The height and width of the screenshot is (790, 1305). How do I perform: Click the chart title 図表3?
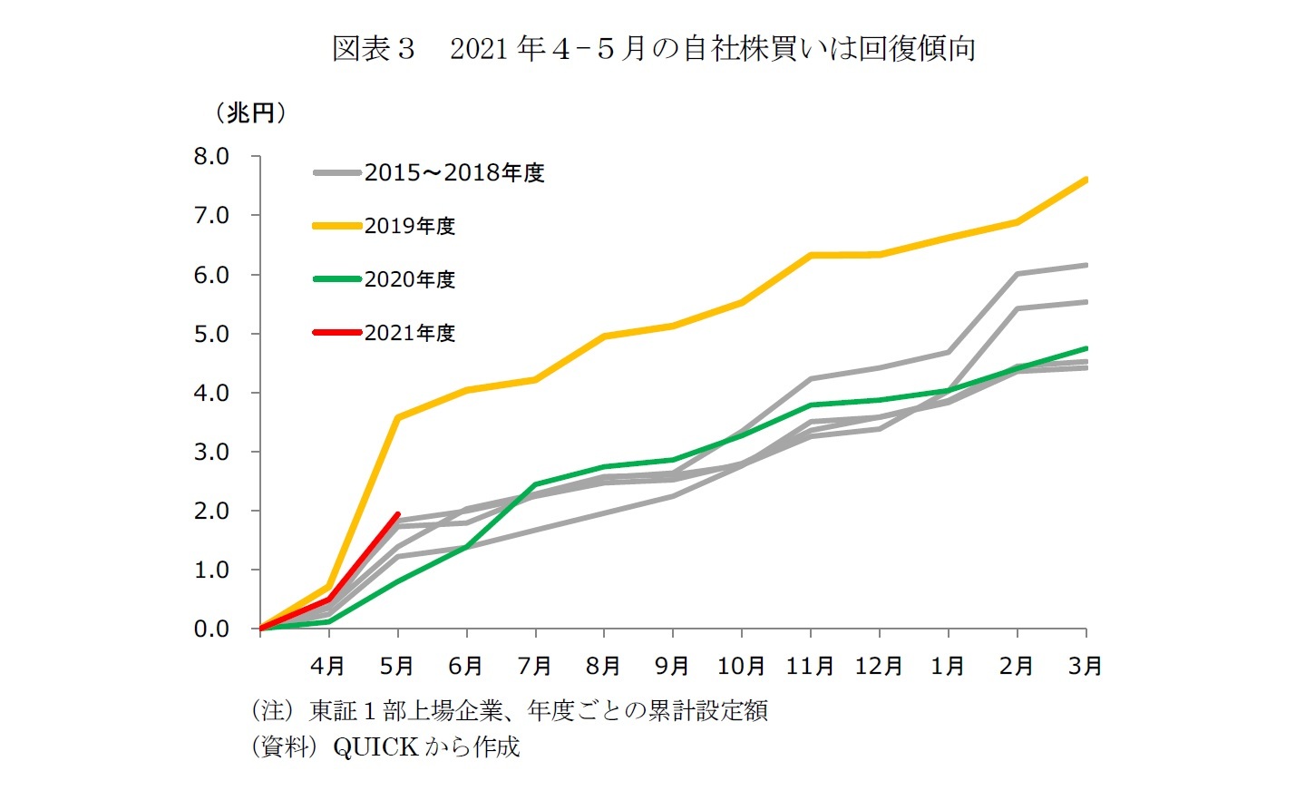click(374, 48)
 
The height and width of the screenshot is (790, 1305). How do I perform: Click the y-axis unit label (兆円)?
click(250, 112)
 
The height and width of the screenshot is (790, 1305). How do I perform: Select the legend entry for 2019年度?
click(409, 226)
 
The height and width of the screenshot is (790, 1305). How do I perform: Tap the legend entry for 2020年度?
click(409, 279)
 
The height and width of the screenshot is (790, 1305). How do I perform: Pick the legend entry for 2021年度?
click(409, 333)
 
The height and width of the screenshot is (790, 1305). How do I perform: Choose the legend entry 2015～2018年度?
click(453, 172)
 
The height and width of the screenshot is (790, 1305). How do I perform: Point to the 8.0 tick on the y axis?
click(211, 157)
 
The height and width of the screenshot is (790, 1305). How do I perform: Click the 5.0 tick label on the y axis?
click(211, 334)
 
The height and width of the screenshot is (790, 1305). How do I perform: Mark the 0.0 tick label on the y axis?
click(211, 629)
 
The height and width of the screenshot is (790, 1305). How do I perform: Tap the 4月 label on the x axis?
click(328, 667)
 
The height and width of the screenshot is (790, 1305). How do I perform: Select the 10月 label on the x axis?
click(741, 667)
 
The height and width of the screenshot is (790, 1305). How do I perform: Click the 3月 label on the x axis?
click(1086, 667)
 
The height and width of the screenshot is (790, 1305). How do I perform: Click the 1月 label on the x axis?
click(948, 667)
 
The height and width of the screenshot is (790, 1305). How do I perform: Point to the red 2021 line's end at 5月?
click(397, 514)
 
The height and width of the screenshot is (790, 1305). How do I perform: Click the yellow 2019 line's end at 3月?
click(1086, 180)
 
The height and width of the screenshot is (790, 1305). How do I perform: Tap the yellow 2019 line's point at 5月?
click(398, 417)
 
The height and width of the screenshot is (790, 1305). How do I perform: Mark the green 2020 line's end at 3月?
click(1086, 348)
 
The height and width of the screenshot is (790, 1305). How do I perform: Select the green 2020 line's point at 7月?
click(535, 484)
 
